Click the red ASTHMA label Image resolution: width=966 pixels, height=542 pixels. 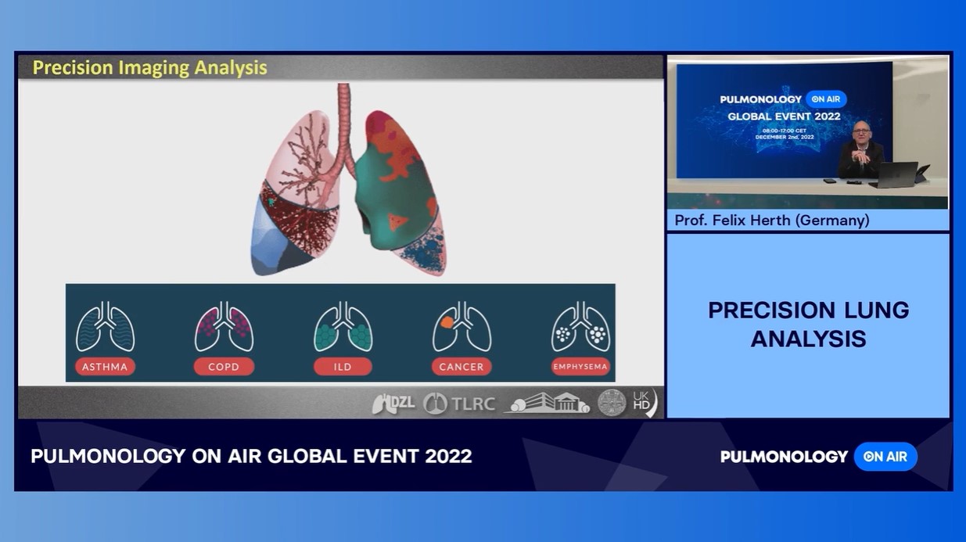coord(105,366)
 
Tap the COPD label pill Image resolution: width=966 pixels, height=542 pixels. coord(224,366)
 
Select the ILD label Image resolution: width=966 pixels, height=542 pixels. coord(343,366)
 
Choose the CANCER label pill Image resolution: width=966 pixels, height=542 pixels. coord(461,366)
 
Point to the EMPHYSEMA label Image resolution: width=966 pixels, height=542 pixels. coord(580,366)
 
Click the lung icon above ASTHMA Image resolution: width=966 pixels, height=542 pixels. coord(105,327)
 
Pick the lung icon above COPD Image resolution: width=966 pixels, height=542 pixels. coord(224,327)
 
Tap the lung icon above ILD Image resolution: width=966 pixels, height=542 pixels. coord(343,327)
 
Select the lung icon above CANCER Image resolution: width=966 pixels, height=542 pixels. coord(461,327)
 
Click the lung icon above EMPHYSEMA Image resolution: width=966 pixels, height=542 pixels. coord(580,327)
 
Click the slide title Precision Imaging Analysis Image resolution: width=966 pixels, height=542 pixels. coord(149,68)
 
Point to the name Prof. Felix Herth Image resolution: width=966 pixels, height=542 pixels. coord(771,221)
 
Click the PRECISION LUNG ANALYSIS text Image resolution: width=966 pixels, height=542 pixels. coord(808,324)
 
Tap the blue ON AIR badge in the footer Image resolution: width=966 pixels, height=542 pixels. coord(885,457)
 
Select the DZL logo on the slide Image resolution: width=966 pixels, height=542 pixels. coord(393,404)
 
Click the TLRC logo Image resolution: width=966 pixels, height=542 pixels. coord(459,404)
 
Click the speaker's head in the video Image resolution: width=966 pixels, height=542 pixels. coord(861,131)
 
